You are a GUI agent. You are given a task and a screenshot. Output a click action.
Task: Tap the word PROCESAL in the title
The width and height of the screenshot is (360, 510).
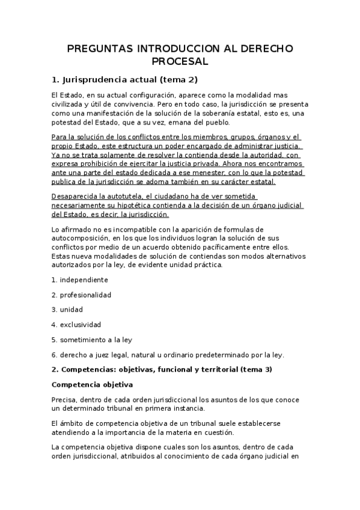[x=180, y=61]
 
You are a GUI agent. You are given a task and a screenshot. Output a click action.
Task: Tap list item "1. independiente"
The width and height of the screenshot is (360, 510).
[x=79, y=280]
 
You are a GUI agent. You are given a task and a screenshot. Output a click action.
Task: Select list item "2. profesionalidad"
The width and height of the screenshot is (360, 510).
[x=81, y=295]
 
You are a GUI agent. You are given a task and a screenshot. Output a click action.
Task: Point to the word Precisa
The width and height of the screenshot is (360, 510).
[x=64, y=399]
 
